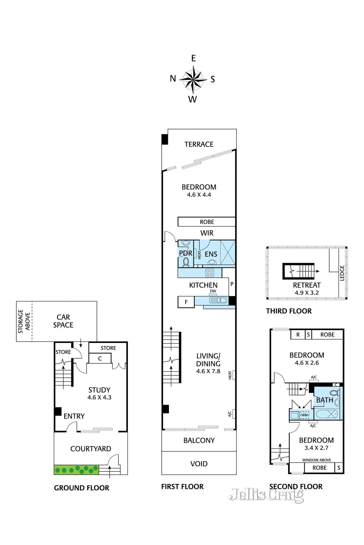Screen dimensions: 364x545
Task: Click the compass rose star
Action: coord(193,79)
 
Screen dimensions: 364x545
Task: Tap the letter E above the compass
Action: coord(193,58)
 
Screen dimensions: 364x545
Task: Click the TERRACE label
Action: coord(199,144)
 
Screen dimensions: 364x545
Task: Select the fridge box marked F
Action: coord(186,302)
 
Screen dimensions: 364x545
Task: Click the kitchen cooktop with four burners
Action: coord(209,273)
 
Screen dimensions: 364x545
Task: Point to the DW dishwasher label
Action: coord(213,291)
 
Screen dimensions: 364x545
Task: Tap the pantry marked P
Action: coord(232,284)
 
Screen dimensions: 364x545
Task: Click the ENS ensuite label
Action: coord(211,254)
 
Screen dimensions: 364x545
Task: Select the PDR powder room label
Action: coord(185,253)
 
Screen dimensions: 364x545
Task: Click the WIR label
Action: coord(207,233)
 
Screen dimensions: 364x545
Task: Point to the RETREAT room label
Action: coord(307,285)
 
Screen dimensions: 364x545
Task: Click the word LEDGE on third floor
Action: coord(342,273)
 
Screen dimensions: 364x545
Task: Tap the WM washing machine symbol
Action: coord(305,415)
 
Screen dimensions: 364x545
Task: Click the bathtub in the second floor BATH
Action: coord(326,414)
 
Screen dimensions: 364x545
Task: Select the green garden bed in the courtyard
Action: coord(76,470)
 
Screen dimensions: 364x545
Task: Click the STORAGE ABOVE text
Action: coord(24,321)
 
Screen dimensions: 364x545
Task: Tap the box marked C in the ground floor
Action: coord(100,358)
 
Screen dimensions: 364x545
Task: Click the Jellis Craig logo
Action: coord(266,494)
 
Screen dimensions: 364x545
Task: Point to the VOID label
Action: coord(199,464)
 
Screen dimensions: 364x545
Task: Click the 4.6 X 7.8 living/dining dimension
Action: coord(208,371)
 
